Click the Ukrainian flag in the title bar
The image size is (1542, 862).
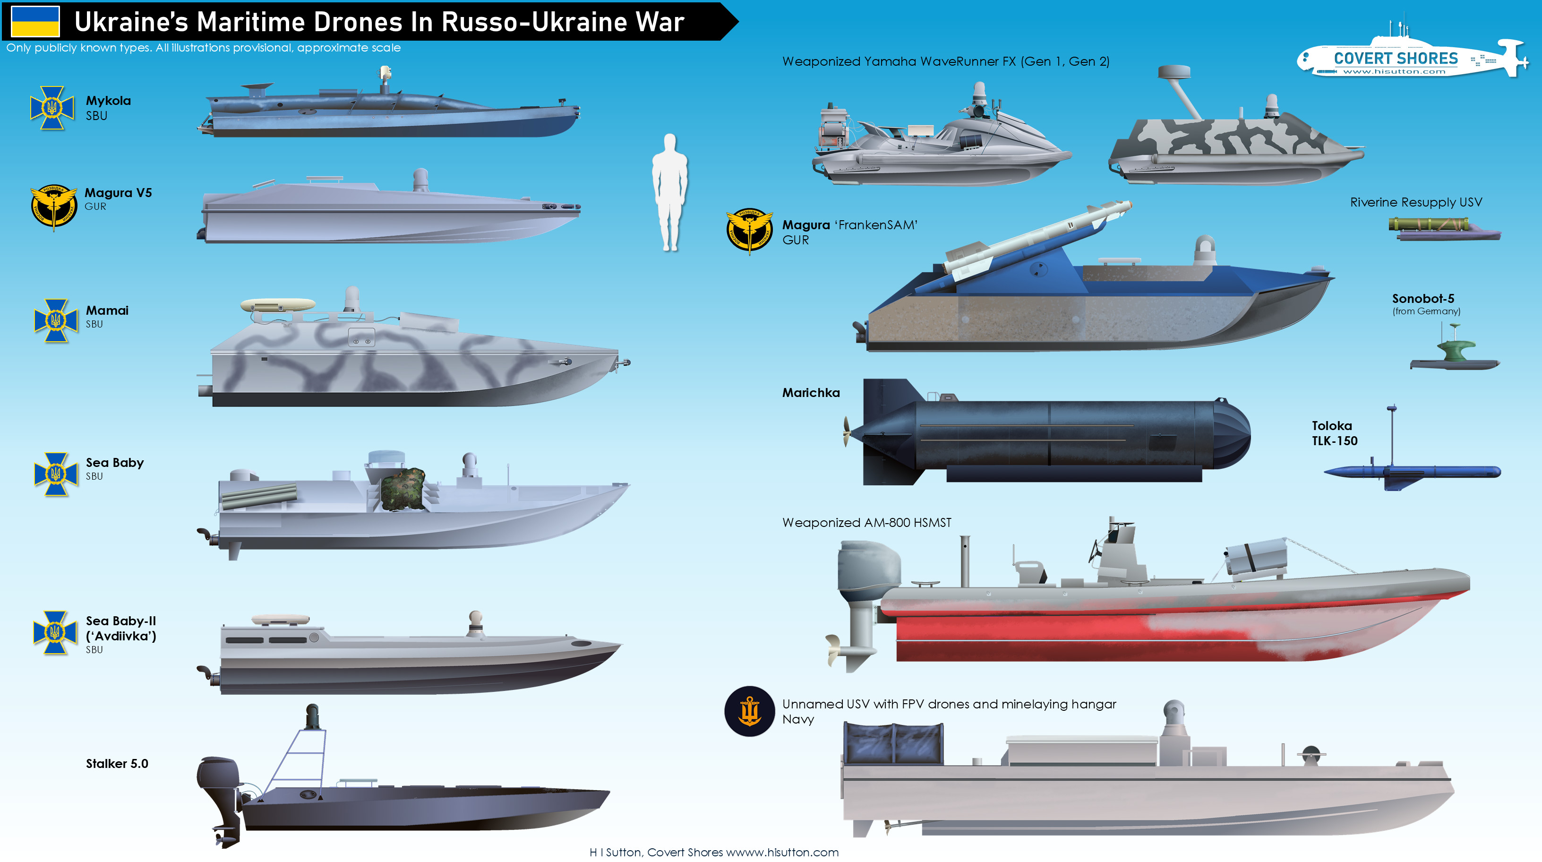click(35, 22)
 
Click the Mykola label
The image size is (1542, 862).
click(108, 101)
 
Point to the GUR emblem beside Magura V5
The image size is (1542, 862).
click(53, 207)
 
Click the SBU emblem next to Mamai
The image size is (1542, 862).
click(56, 321)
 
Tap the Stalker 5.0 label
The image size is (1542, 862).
click(117, 763)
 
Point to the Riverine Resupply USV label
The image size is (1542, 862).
click(1416, 202)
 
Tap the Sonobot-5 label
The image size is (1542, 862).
click(1422, 298)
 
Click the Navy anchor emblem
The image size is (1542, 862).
click(749, 711)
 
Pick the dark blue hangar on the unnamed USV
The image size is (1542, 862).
click(893, 743)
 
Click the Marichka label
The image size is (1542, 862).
click(811, 393)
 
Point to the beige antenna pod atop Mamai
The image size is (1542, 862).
click(278, 305)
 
